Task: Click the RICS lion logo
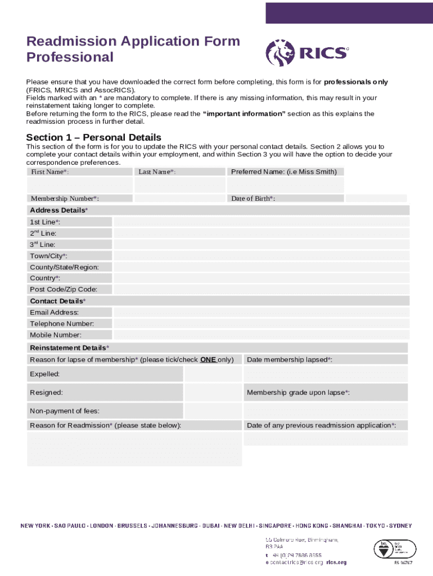279,53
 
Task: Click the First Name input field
80,185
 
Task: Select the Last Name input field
180,185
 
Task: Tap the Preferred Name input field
285,185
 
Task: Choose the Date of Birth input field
376,198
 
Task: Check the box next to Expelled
213,374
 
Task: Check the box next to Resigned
213,393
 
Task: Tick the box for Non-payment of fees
213,411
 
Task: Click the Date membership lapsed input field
326,374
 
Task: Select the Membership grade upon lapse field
326,409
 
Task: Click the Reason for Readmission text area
134,449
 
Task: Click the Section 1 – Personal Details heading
94,138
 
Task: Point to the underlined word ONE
208,359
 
